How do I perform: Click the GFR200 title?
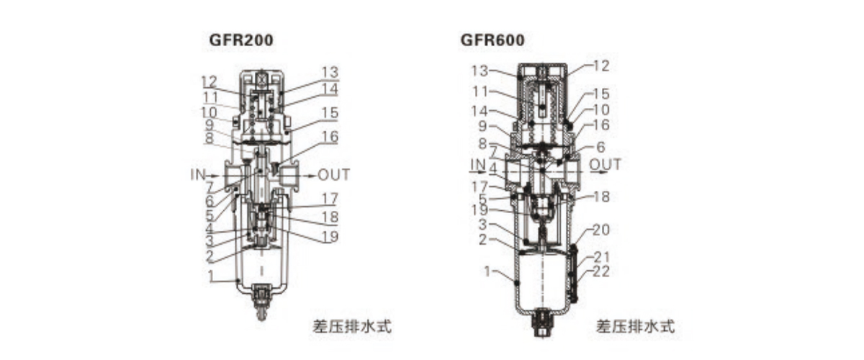pyautogui.click(x=241, y=40)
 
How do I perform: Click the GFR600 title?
pyautogui.click(x=492, y=40)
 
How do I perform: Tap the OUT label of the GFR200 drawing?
pyautogui.click(x=333, y=174)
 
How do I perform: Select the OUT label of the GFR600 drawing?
pyautogui.click(x=605, y=165)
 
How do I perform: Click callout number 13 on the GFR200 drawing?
pyautogui.click(x=330, y=72)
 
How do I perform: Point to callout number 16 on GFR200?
pyautogui.click(x=330, y=136)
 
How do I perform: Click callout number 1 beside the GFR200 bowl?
pyautogui.click(x=212, y=276)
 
